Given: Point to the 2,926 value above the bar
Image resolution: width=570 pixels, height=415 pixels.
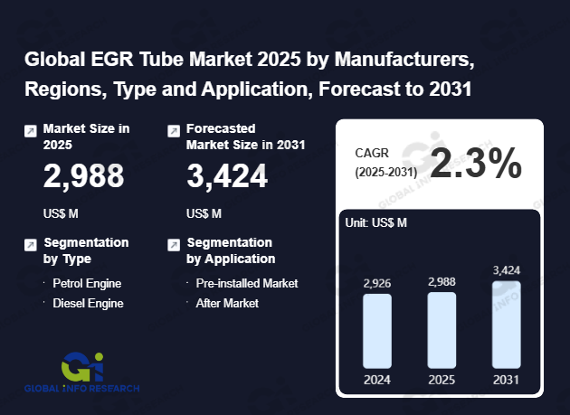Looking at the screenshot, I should (376, 283).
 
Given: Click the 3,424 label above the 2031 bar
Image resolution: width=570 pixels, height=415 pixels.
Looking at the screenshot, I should (507, 270).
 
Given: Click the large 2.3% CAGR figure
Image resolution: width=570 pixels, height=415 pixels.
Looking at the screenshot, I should (476, 164).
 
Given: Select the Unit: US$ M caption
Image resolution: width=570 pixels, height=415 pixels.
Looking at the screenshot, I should (377, 222).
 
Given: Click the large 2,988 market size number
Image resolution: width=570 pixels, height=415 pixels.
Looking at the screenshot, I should (84, 176).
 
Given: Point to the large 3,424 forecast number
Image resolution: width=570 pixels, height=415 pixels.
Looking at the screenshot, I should (227, 176).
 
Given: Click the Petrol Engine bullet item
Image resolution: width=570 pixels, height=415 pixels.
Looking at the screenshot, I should (87, 283).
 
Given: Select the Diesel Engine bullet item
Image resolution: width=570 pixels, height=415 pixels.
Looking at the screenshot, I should (88, 303).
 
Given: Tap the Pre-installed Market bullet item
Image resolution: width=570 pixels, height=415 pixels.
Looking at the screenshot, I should (246, 283).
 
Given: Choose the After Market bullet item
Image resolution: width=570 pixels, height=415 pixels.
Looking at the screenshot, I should (227, 303).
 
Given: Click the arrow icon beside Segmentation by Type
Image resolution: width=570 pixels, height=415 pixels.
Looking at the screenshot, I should (30, 244).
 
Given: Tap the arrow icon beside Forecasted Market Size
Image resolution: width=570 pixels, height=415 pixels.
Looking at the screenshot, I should (174, 131).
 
